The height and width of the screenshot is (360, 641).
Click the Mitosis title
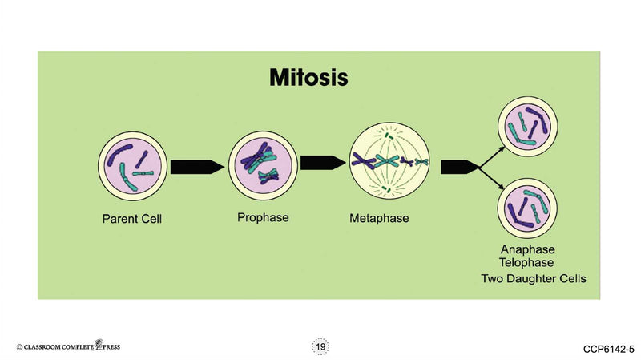pos(308,79)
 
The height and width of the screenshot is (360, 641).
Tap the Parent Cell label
pos(132,218)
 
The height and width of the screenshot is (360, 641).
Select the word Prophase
pos(263,216)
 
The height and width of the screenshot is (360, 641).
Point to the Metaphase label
pos(381,218)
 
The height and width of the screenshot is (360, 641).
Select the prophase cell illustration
pos(261,164)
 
